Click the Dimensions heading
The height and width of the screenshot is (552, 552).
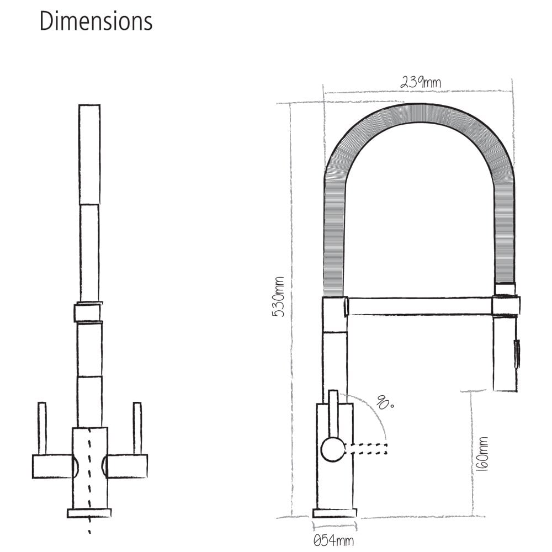coord(95,21)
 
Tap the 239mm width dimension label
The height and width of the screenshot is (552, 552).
coord(420,82)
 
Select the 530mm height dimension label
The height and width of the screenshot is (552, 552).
coord(279,297)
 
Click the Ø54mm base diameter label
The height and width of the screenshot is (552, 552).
coord(333,540)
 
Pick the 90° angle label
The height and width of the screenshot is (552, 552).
coord(385,403)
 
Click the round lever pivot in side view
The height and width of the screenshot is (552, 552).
coord(332,449)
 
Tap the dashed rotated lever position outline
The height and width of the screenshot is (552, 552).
coord(366,449)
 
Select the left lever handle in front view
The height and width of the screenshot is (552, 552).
coord(42,428)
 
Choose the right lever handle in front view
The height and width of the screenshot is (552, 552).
coord(137,428)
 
